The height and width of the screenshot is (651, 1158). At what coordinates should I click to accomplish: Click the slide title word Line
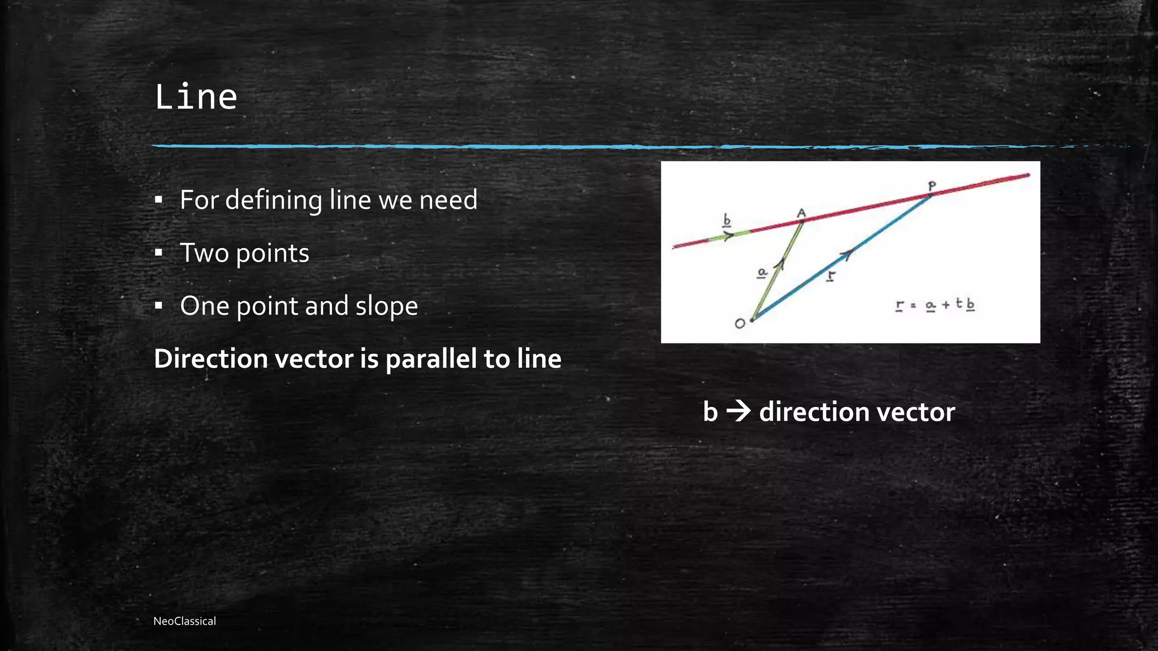[x=196, y=97]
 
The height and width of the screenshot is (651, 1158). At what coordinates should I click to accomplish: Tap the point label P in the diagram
[x=932, y=186]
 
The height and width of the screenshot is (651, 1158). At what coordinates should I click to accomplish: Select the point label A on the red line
[x=801, y=213]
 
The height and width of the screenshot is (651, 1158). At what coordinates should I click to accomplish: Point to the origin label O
[x=740, y=324]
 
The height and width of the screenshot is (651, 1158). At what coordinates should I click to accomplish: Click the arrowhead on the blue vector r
[x=846, y=254]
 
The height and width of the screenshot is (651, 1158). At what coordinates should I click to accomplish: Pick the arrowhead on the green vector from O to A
[x=780, y=263]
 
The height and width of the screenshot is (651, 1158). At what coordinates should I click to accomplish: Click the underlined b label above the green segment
[x=727, y=220]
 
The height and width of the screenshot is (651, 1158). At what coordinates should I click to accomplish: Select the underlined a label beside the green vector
[x=762, y=273]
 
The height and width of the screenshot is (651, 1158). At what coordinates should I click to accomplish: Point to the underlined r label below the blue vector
[x=831, y=276]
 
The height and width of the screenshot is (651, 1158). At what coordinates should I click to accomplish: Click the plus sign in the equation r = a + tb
[x=945, y=306]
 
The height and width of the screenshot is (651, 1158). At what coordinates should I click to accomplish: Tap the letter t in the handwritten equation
[x=959, y=303]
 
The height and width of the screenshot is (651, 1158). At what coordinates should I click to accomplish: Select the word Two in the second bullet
[x=204, y=253]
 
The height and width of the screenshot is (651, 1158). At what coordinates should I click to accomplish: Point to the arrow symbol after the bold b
[x=738, y=411]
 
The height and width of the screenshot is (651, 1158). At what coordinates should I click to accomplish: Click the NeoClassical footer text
[x=184, y=621]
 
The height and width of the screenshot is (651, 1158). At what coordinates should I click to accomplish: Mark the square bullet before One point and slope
[x=159, y=306]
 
